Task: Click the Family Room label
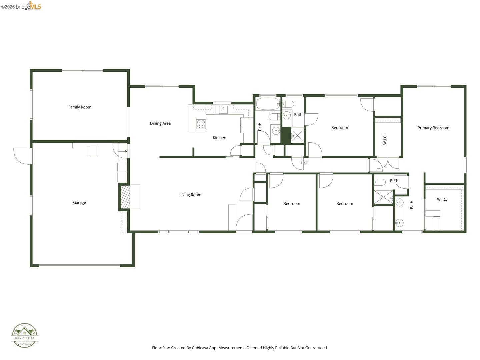(x=80, y=107)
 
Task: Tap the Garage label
(x=79, y=202)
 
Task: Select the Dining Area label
(x=160, y=123)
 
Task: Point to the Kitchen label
(x=219, y=138)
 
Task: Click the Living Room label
(x=190, y=195)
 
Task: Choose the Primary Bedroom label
(x=433, y=128)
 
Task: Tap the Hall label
(x=304, y=163)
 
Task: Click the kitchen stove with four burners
(x=201, y=124)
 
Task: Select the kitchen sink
(x=223, y=109)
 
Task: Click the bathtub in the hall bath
(x=268, y=104)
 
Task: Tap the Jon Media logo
(x=25, y=335)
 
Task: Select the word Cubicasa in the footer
(x=200, y=348)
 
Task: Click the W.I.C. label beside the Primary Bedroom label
(x=385, y=140)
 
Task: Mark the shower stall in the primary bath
(x=383, y=197)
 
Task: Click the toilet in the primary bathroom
(x=380, y=182)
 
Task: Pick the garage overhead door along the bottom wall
(x=80, y=266)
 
